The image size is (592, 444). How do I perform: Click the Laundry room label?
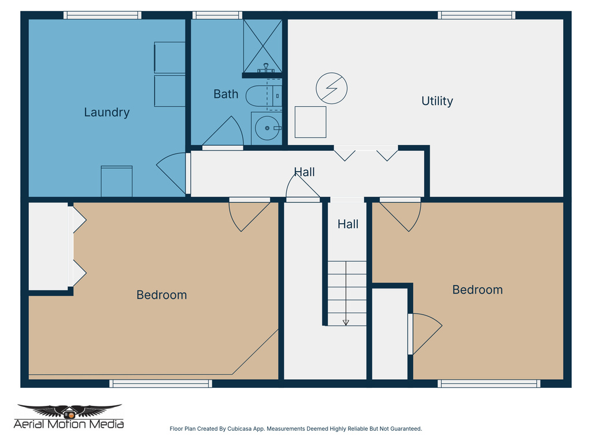[x=106, y=112]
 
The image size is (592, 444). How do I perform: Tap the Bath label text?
[x=225, y=94]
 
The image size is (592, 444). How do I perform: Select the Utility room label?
[x=437, y=101]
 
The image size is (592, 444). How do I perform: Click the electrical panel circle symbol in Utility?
[x=332, y=88]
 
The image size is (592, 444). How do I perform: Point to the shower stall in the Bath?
[x=262, y=46]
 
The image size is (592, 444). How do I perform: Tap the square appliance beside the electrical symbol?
[x=310, y=122]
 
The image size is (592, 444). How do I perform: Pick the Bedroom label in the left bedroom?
[x=161, y=295]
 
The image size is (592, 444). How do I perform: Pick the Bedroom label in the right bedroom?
[x=477, y=290]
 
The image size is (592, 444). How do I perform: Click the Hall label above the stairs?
[x=347, y=224]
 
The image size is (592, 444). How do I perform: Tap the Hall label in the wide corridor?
[x=304, y=172]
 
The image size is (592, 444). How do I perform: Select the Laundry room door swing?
[x=172, y=173]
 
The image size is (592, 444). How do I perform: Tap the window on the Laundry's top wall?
[x=102, y=16]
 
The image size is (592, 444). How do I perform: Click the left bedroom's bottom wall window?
[x=161, y=383]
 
